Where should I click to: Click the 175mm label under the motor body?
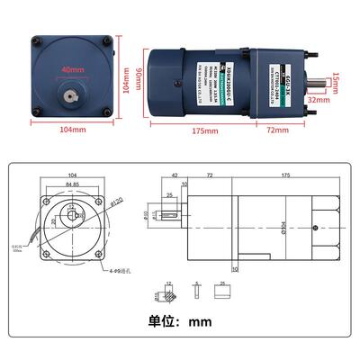point(205,131)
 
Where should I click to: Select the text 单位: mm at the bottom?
point(180,319)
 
